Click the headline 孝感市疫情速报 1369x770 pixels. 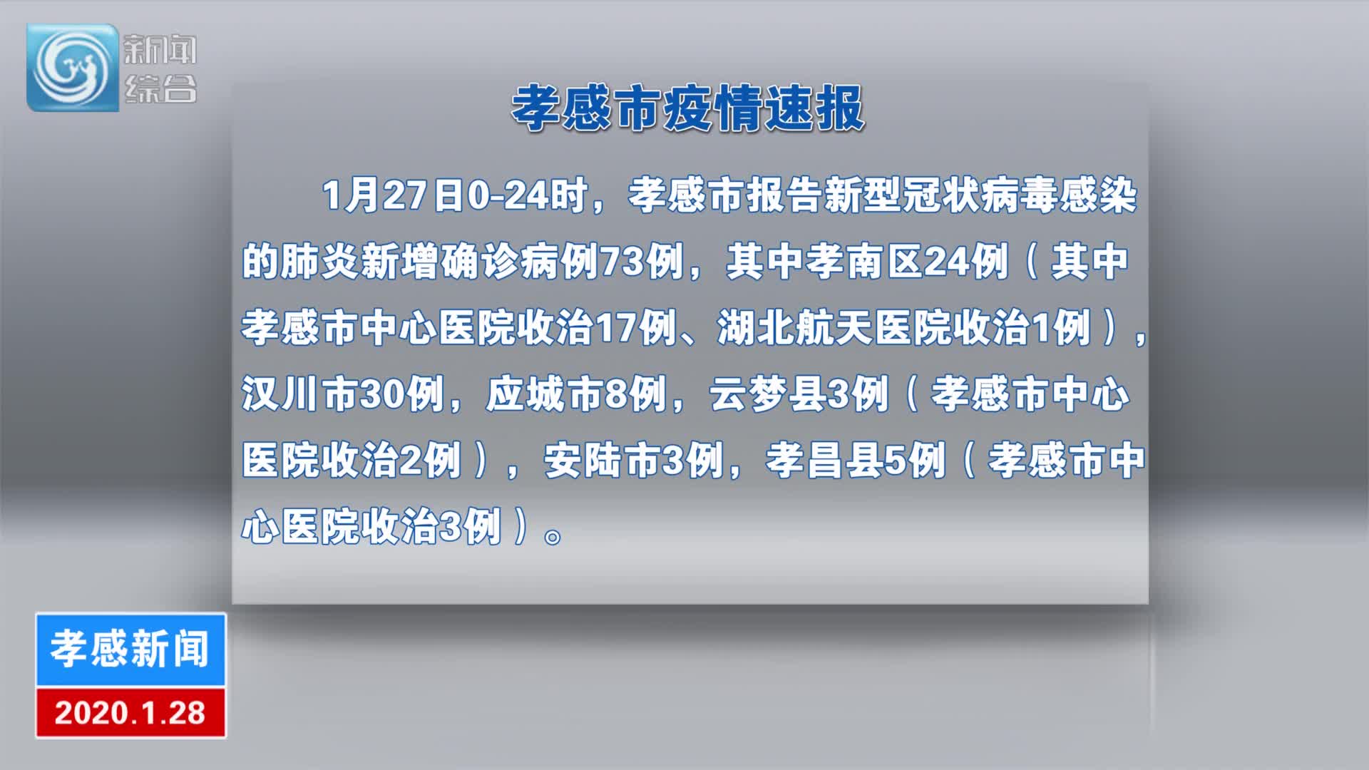coord(688,108)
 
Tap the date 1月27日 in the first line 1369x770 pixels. coord(394,195)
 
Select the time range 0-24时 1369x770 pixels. coord(528,195)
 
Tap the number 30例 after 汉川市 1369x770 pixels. coord(402,394)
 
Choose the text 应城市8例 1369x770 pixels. coord(576,394)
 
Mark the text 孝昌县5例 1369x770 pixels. coord(856,461)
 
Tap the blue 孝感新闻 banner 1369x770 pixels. coord(130,649)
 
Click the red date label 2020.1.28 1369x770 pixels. coord(130,713)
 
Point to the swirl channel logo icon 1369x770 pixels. coord(73,68)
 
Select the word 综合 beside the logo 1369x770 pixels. coord(160,89)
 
